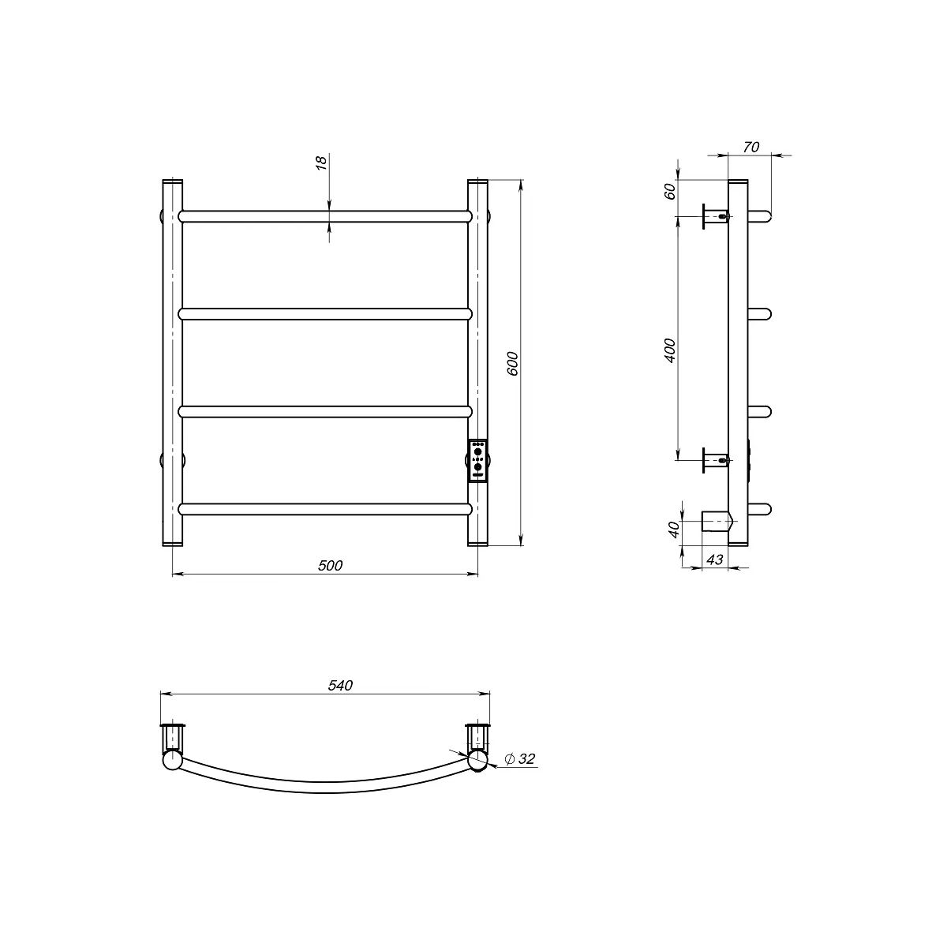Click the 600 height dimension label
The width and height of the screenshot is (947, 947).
point(513,364)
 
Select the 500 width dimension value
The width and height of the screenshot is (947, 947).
point(330,566)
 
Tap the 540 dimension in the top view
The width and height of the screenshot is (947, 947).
point(340,686)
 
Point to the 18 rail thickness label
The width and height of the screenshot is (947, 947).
point(321,163)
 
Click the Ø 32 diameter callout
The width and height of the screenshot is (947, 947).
point(520,759)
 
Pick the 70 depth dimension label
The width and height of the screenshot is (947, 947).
point(751,147)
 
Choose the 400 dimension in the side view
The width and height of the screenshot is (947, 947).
point(670,350)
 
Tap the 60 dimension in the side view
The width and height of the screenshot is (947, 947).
point(670,191)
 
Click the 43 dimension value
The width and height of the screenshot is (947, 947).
point(715,560)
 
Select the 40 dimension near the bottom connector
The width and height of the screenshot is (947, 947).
point(674,530)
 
